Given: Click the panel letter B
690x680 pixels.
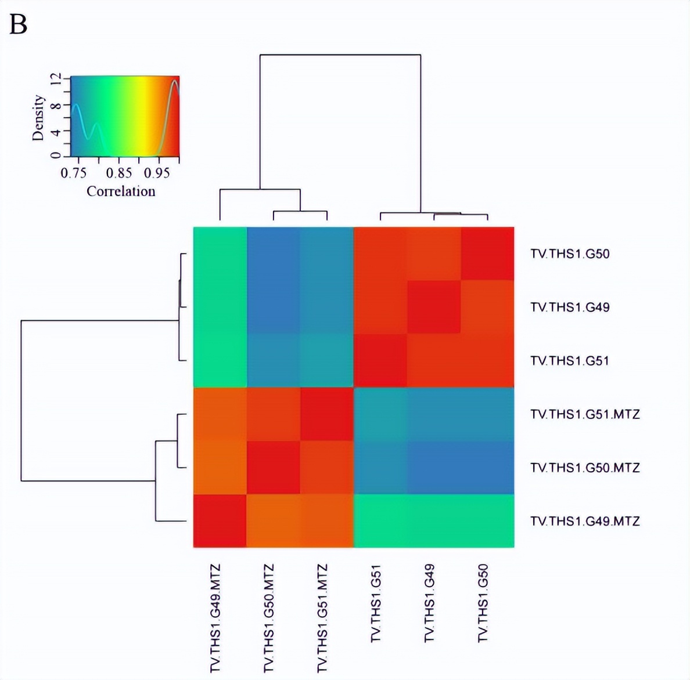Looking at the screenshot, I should pyautogui.click(x=18, y=24).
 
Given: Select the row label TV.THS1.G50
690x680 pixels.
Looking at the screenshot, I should pyautogui.click(x=570, y=254).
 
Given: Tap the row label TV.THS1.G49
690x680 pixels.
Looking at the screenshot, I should pyautogui.click(x=570, y=307).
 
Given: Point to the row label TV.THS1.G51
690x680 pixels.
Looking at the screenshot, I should pyautogui.click(x=570, y=361).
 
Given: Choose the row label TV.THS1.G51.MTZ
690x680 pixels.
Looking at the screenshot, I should pyautogui.click(x=585, y=414).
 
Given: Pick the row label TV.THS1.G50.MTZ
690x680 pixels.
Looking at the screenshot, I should pyautogui.click(x=585, y=468).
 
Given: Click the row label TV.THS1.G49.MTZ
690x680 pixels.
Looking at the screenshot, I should pyautogui.click(x=585, y=521).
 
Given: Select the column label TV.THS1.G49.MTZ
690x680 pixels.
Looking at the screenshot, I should pyautogui.click(x=215, y=618).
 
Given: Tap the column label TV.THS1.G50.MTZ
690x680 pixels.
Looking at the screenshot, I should pyautogui.click(x=269, y=618).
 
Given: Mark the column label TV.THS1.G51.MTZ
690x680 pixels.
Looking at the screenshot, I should pyautogui.click(x=322, y=618).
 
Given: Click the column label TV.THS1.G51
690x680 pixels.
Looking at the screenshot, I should pyautogui.click(x=376, y=603).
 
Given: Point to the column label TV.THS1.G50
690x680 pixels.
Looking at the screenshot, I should pyautogui.click(x=483, y=603).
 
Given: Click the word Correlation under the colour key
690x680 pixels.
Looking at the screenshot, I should pyautogui.click(x=121, y=191).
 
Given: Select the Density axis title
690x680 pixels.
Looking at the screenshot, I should pyautogui.click(x=38, y=118).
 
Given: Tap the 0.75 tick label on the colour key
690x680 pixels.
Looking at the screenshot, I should pyautogui.click(x=73, y=173).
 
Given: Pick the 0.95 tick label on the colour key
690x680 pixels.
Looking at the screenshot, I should pyautogui.click(x=157, y=173).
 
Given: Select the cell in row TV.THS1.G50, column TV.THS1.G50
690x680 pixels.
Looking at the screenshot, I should pyautogui.click(x=487, y=254).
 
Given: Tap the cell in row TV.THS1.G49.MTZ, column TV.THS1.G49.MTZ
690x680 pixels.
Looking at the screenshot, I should pyautogui.click(x=220, y=520).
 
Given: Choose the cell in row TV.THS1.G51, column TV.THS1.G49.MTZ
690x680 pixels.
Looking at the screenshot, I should pyautogui.click(x=220, y=360).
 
